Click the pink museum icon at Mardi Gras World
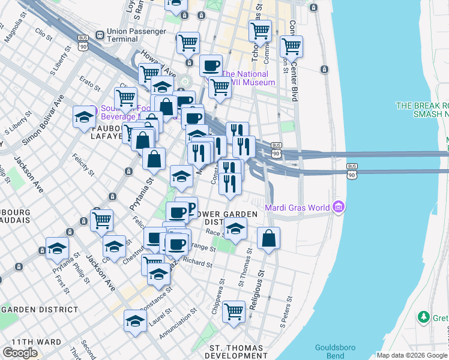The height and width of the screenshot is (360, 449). coord(339,208)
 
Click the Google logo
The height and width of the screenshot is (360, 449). coord(20,352)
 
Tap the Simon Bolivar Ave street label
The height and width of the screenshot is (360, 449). coord(44,121)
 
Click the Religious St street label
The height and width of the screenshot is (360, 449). coord(256,290)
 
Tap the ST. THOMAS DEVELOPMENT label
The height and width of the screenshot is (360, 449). coord(236,352)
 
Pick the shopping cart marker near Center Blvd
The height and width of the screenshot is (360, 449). coord(291,46)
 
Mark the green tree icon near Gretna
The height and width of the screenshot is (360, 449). coord(424,316)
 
